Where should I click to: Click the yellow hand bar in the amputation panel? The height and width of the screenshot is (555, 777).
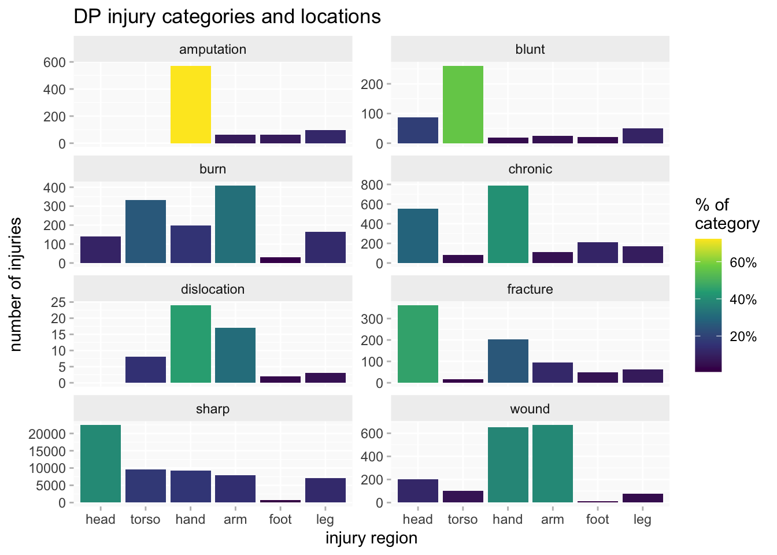pos(190,105)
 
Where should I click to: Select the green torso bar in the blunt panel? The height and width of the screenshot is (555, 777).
pos(462,105)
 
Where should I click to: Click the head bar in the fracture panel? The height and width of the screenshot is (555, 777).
pos(417,344)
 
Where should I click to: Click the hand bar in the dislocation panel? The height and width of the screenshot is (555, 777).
pos(190,344)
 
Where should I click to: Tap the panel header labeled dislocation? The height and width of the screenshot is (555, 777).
pos(213,289)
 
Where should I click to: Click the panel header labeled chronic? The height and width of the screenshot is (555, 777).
pos(530,169)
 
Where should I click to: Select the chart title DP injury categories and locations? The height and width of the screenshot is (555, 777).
pos(227,17)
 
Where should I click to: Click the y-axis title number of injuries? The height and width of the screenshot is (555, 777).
pos(16,284)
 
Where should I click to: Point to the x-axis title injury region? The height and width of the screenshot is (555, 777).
pos(371,538)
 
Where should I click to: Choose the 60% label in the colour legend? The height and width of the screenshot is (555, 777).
pos(743,263)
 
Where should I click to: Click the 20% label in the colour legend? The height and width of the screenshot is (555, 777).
pos(743,337)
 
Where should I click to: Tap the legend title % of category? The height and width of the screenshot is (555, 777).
pos(727,214)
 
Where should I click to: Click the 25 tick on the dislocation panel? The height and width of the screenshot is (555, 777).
pos(58,302)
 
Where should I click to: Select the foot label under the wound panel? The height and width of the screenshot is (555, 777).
pos(597,519)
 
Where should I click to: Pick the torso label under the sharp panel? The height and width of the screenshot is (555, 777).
pos(145,519)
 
